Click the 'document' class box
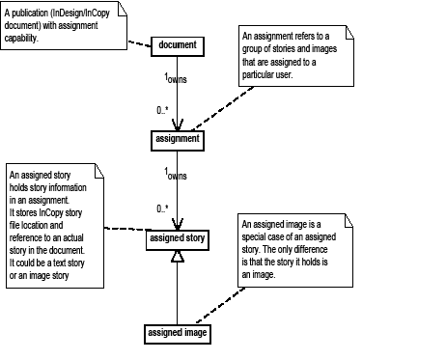point(177,44)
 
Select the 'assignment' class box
point(177,140)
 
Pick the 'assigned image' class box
point(177,334)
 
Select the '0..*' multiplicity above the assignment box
point(162,110)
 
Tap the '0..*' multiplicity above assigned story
point(162,208)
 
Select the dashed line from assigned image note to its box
point(221,309)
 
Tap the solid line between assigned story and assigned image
point(177,294)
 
